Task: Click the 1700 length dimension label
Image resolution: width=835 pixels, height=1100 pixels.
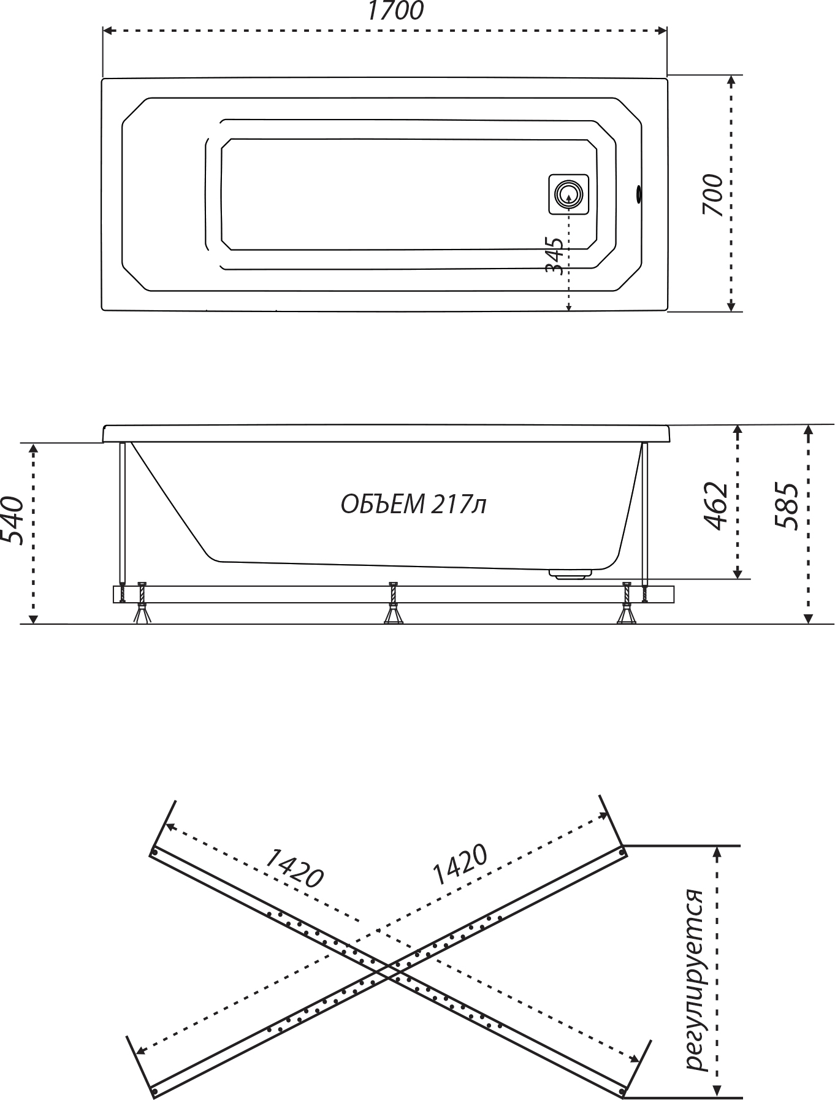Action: click(x=395, y=11)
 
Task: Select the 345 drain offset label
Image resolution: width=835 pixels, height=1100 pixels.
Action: click(x=554, y=256)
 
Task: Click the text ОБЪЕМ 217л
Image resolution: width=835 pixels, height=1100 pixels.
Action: click(x=413, y=505)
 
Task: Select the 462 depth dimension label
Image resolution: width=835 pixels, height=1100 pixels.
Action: click(x=715, y=506)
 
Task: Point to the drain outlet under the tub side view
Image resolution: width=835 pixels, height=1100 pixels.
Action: click(x=570, y=574)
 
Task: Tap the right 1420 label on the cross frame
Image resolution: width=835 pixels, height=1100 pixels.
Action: click(x=460, y=865)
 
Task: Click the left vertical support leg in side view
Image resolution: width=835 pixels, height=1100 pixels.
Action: click(x=123, y=512)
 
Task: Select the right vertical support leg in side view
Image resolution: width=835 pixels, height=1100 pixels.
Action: click(x=645, y=512)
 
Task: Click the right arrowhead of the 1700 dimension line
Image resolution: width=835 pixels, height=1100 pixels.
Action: click(x=662, y=30)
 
